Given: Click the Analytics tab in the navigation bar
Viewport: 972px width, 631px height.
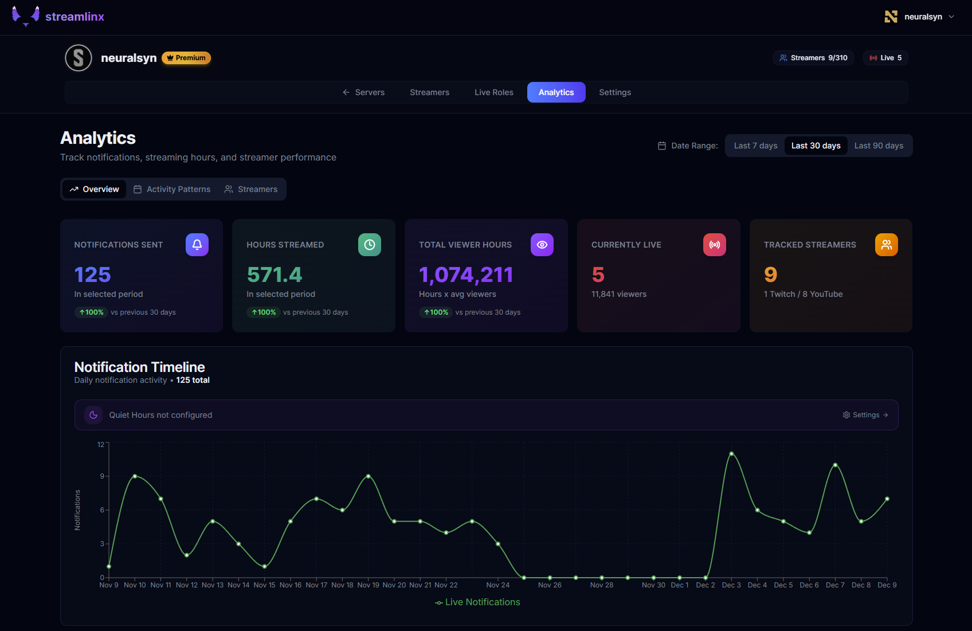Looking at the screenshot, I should pyautogui.click(x=556, y=92).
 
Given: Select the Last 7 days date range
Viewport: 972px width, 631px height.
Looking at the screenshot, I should pyautogui.click(x=755, y=146).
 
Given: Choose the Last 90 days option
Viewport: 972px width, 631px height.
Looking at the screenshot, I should pyautogui.click(x=879, y=146).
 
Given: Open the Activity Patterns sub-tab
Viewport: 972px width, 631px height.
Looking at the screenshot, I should pyautogui.click(x=172, y=189).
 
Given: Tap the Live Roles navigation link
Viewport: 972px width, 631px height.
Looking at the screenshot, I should pyautogui.click(x=493, y=92).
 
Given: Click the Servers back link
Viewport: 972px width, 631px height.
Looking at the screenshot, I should pyautogui.click(x=363, y=92).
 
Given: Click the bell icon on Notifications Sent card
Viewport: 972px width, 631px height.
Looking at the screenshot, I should pyautogui.click(x=197, y=245).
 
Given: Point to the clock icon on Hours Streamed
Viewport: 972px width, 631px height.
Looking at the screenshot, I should pyautogui.click(x=370, y=245).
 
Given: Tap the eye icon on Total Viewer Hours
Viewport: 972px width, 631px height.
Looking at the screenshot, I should pyautogui.click(x=542, y=245).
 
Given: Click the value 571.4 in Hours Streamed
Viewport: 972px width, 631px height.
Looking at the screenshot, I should pyautogui.click(x=275, y=275).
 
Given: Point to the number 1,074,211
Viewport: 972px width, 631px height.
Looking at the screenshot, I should pyautogui.click(x=466, y=275).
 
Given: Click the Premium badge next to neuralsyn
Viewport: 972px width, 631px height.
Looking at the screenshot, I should pyautogui.click(x=186, y=58).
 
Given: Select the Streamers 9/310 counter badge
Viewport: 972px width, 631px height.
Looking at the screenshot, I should pyautogui.click(x=813, y=58).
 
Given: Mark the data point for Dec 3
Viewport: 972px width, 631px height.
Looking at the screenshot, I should pyautogui.click(x=731, y=454).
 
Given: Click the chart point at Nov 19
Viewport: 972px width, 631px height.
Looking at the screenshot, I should pyautogui.click(x=369, y=476).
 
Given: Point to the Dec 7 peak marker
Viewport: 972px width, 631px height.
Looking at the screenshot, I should pyautogui.click(x=835, y=465).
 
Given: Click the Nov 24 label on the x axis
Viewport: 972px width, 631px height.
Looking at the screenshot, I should pyautogui.click(x=497, y=585).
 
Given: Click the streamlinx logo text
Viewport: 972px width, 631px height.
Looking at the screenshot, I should pyautogui.click(x=75, y=17).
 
